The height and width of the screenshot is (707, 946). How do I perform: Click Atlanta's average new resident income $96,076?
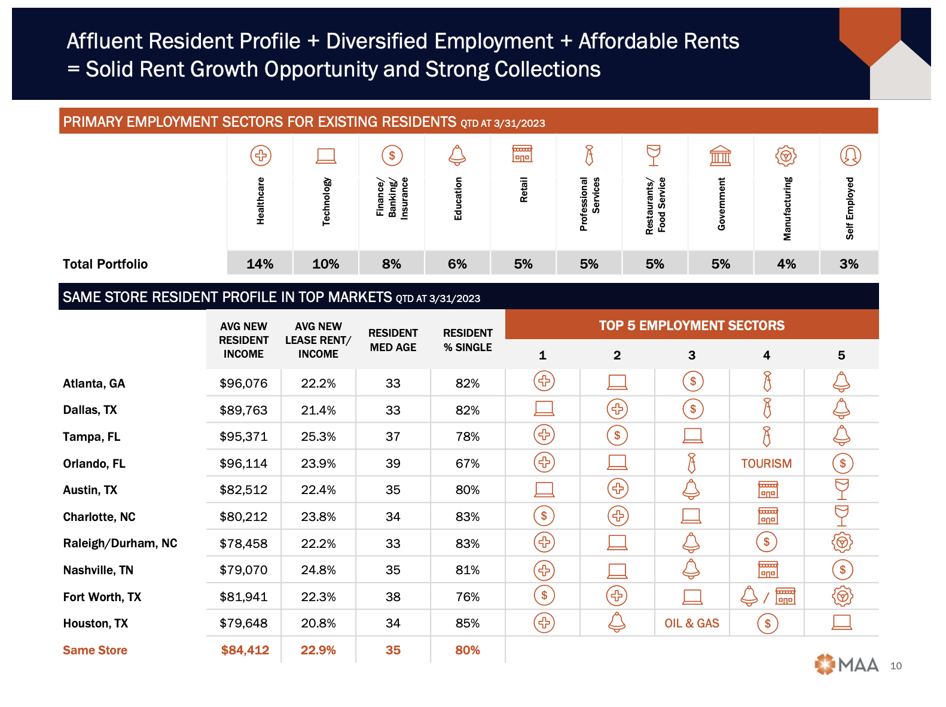tap(243, 383)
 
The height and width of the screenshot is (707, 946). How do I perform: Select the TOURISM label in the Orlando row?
tap(766, 464)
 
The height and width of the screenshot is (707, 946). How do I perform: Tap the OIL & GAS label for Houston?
tap(692, 623)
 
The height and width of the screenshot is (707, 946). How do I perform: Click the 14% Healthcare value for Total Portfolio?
tap(260, 264)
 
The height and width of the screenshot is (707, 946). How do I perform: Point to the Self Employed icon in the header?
tap(850, 156)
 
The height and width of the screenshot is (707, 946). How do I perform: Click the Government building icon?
tap(720, 156)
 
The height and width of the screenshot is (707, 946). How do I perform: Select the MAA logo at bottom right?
tap(847, 665)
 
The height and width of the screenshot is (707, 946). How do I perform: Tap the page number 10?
tap(895, 666)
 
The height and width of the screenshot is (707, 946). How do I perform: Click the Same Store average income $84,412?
tap(245, 650)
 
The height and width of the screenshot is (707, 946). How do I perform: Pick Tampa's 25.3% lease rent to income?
tap(318, 437)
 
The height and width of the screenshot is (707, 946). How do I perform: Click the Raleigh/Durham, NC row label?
tap(120, 543)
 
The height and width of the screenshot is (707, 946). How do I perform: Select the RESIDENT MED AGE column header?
tap(393, 340)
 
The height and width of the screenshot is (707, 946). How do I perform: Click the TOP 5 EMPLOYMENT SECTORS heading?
tap(692, 325)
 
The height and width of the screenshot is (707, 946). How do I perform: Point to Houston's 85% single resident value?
tap(468, 623)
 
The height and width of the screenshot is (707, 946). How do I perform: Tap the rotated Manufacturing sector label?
tap(787, 208)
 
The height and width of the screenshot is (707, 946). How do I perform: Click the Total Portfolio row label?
tap(105, 264)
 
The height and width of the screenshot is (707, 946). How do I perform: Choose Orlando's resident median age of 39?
tap(393, 464)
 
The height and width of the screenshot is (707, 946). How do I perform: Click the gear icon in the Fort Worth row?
tap(842, 596)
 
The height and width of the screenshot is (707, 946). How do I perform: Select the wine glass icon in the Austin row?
tap(842, 489)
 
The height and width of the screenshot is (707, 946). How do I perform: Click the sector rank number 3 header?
tap(692, 355)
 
